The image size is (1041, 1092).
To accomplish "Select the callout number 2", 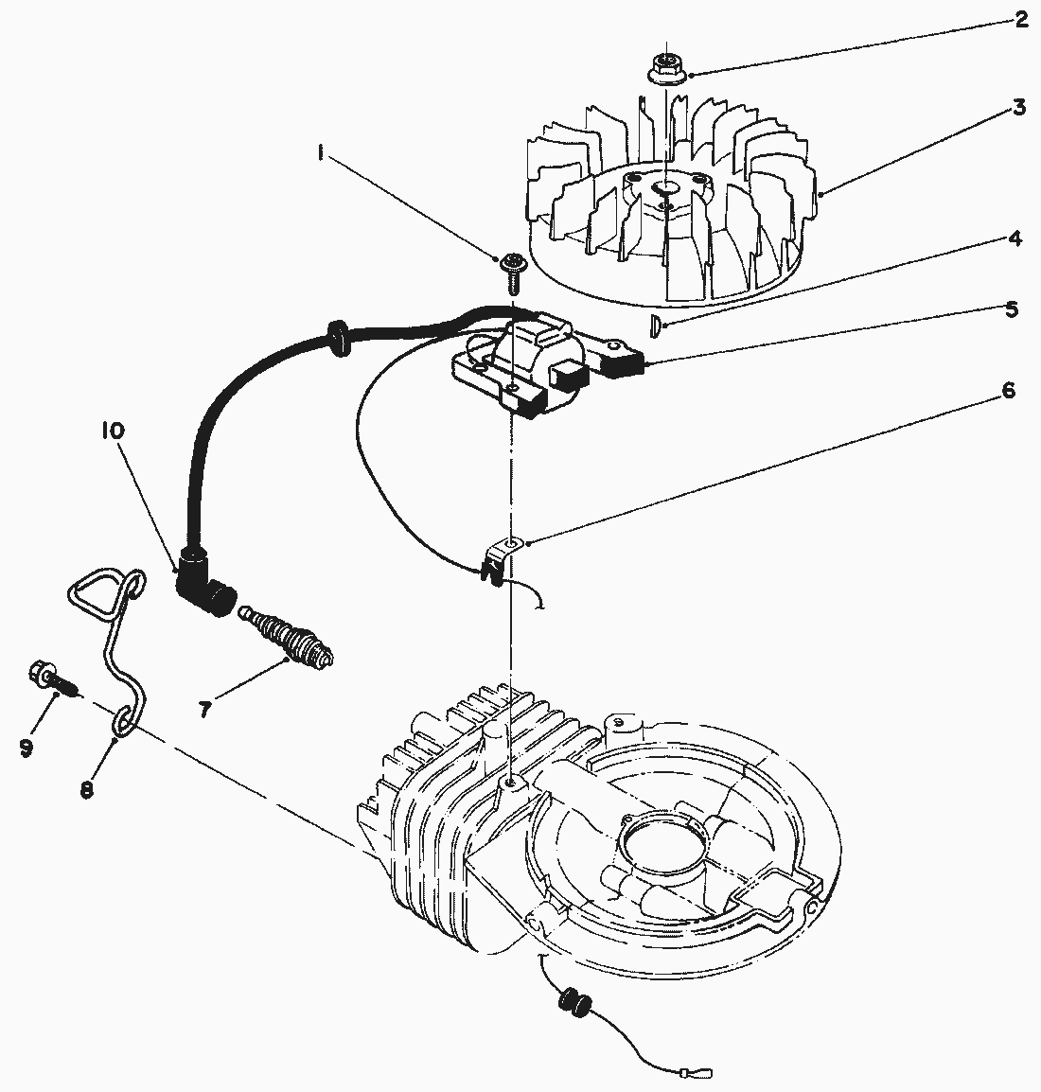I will pyautogui.click(x=1020, y=19).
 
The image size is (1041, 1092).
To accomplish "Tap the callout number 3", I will pyautogui.click(x=1018, y=107).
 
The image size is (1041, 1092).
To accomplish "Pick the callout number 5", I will pyautogui.click(x=1012, y=308).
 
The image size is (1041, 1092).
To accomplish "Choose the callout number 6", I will pyautogui.click(x=1008, y=390).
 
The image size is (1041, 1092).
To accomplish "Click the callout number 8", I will pyautogui.click(x=87, y=789).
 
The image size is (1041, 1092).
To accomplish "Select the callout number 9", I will pyautogui.click(x=26, y=747).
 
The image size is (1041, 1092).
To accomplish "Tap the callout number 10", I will pyautogui.click(x=113, y=432).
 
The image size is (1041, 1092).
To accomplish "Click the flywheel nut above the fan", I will pyautogui.click(x=667, y=69).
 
